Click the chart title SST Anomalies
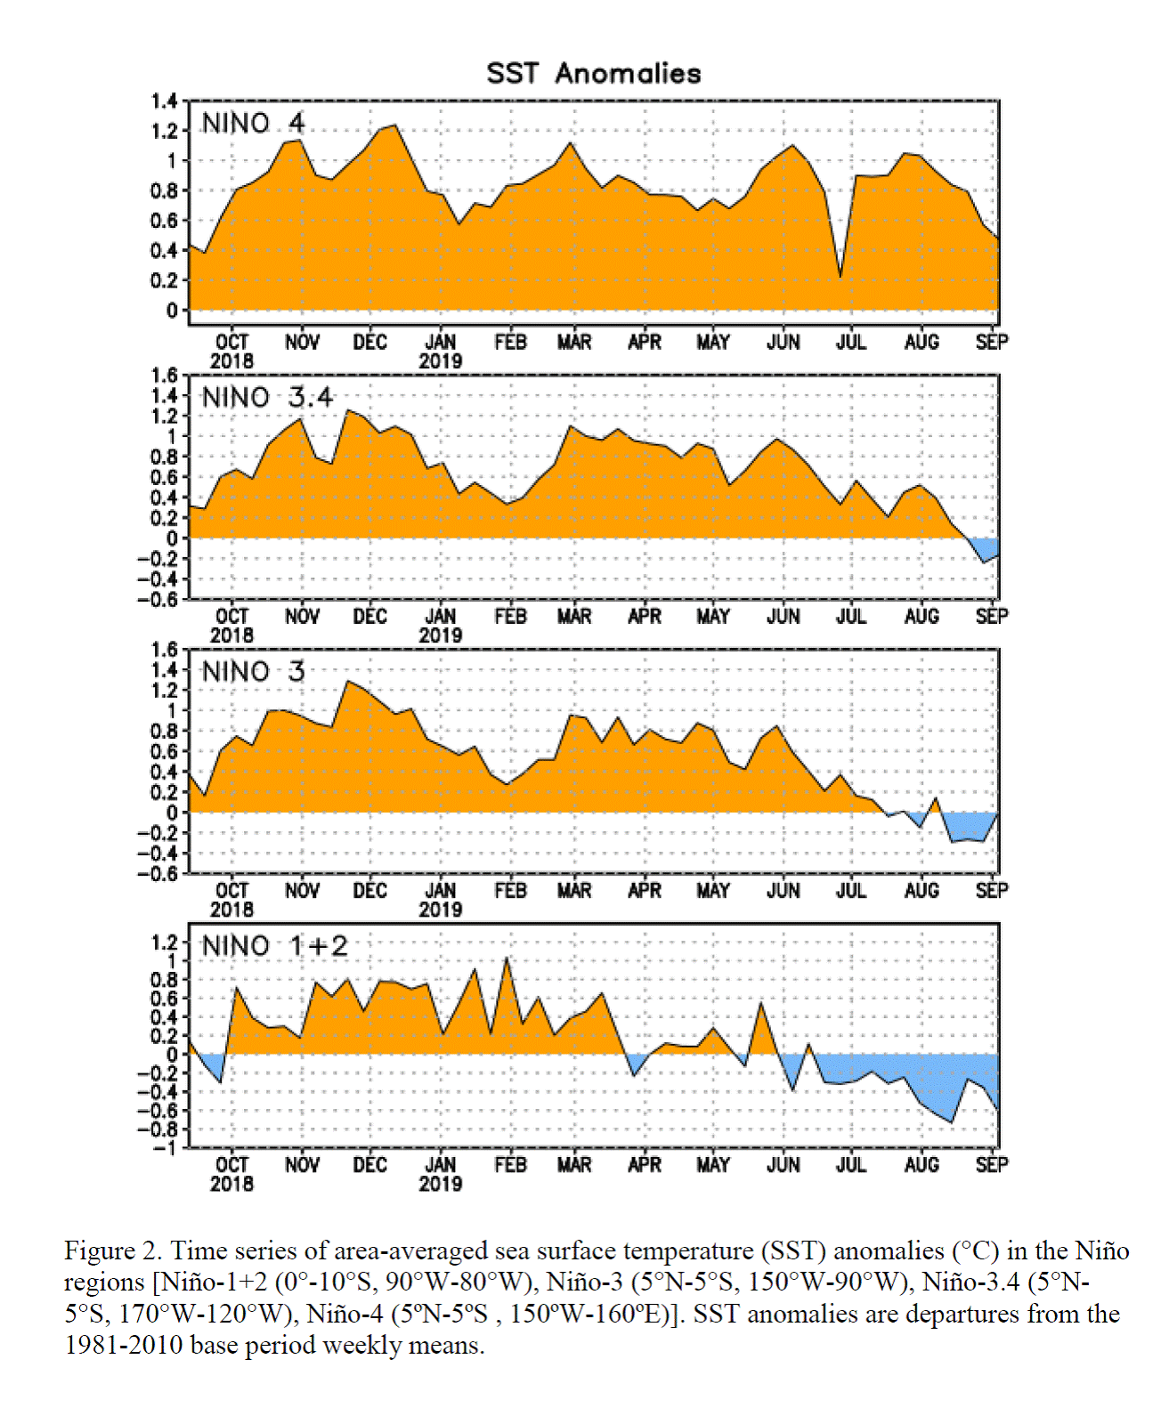pyautogui.click(x=594, y=73)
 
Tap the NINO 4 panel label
pyautogui.click(x=254, y=124)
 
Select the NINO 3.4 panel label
pyautogui.click(x=267, y=397)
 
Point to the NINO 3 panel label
pyautogui.click(x=254, y=672)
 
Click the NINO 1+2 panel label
pyautogui.click(x=275, y=946)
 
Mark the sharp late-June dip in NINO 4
pyautogui.click(x=840, y=276)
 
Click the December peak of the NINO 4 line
pyautogui.click(x=394, y=125)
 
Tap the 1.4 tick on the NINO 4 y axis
pyautogui.click(x=164, y=101)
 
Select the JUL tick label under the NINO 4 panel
pyautogui.click(x=851, y=343)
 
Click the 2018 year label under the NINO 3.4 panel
pyautogui.click(x=231, y=635)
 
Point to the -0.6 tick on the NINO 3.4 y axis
pyautogui.click(x=158, y=600)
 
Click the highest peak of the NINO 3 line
pyautogui.click(x=347, y=682)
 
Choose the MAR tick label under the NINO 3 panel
pyautogui.click(x=574, y=891)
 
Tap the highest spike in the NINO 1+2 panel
pyautogui.click(x=507, y=959)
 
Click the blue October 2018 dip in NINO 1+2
pyautogui.click(x=211, y=1064)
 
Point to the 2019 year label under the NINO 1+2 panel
pyautogui.click(x=441, y=1184)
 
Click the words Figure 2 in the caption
pyautogui.click(x=113, y=1250)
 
